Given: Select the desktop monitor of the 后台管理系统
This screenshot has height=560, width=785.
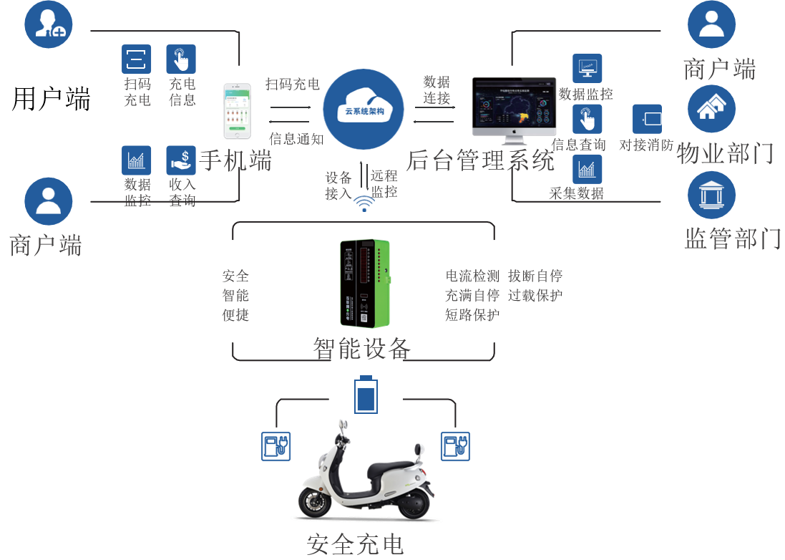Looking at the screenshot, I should tap(513, 105).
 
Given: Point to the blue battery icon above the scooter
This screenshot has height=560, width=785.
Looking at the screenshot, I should tap(366, 395).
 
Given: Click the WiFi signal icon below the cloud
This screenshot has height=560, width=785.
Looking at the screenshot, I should tap(364, 205).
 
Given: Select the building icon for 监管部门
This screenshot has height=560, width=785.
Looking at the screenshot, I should tap(711, 195).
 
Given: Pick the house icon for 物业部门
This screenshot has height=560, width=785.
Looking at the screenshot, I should tap(711, 109).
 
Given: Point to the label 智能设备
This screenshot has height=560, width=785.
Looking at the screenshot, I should tap(362, 349).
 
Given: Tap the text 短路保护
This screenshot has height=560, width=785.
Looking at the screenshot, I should tap(472, 314).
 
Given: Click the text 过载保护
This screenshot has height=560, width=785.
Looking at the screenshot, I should tap(535, 295).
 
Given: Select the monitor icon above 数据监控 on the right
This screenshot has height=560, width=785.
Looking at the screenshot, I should tap(587, 68).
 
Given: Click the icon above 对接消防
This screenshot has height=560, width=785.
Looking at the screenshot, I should tap(647, 119).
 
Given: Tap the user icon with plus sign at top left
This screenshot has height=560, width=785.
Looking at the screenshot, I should tap(49, 24).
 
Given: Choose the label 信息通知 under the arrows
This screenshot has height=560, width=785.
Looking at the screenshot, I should tap(296, 138).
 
